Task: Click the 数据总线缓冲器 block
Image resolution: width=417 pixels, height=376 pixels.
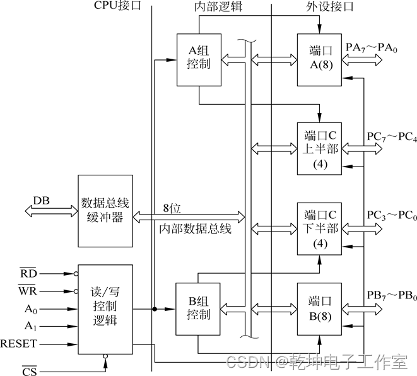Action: tap(105, 211)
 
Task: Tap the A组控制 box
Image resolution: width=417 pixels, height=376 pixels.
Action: tap(199, 59)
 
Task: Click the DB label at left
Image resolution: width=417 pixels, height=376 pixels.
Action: tap(42, 201)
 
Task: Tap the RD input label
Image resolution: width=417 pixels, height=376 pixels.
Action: tap(28, 274)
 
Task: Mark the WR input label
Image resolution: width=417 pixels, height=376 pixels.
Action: tap(28, 291)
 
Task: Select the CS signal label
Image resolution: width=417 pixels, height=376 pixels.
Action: tap(29, 370)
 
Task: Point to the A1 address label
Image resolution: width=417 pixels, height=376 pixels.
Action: tap(29, 326)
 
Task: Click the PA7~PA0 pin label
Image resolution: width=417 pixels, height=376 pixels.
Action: tap(382, 47)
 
